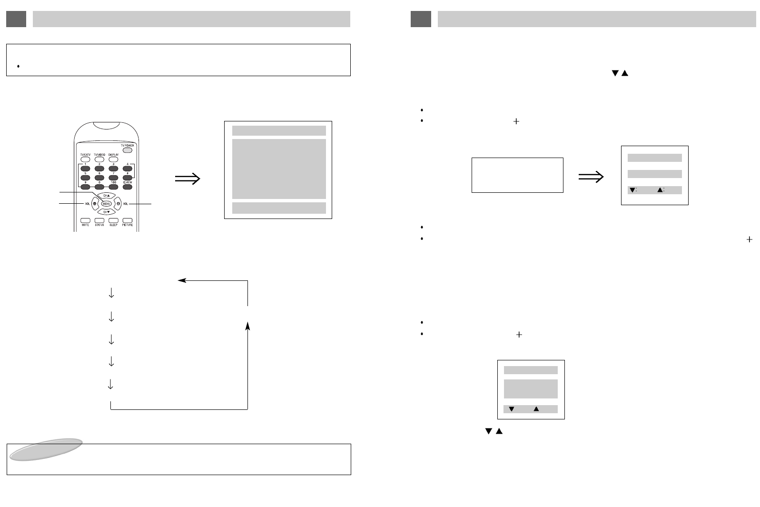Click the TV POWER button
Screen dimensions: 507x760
click(127, 149)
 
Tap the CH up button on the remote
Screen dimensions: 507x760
click(106, 195)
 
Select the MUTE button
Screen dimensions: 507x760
click(85, 220)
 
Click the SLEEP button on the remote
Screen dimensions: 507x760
click(113, 220)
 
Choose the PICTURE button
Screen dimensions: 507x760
click(128, 220)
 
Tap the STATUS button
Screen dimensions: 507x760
click(99, 220)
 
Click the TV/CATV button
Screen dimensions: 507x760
click(85, 159)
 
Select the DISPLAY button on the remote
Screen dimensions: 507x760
click(113, 159)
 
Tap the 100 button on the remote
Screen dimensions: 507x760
click(113, 187)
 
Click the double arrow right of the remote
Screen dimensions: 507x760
click(188, 179)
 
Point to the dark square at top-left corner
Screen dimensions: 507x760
click(16, 19)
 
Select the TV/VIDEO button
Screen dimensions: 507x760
click(99, 159)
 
